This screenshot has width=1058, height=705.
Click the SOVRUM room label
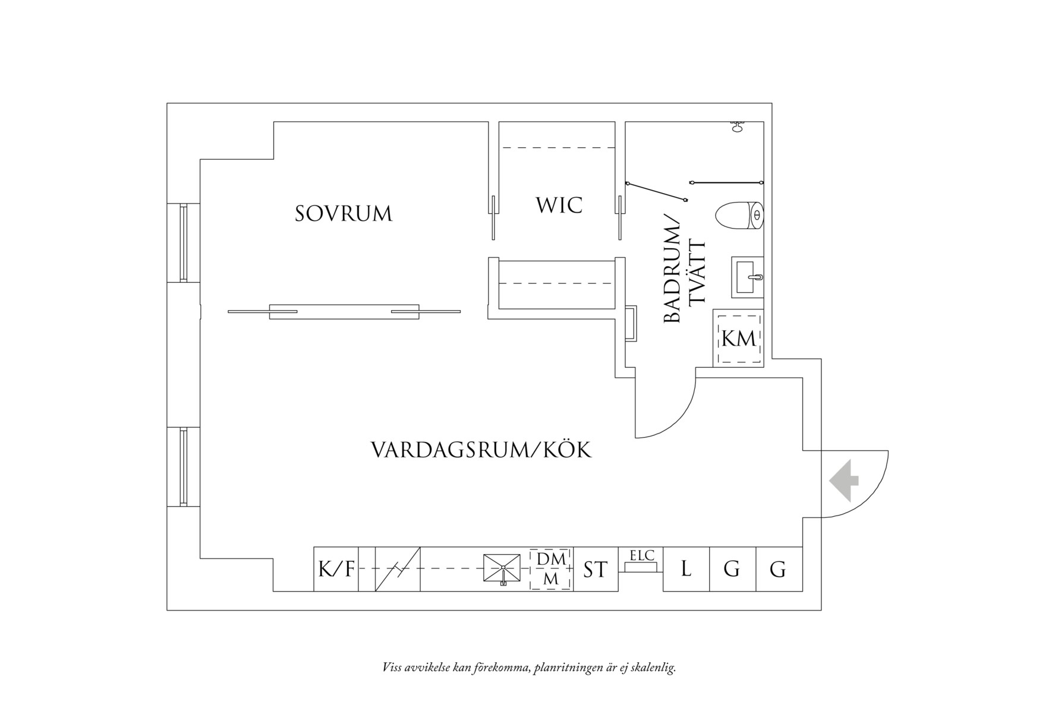(344, 214)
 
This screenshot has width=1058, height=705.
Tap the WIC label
(559, 206)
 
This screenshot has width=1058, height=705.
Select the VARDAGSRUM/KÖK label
(481, 450)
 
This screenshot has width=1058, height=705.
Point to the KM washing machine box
(739, 339)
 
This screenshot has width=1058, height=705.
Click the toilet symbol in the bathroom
(740, 216)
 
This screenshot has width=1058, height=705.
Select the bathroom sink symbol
(747, 277)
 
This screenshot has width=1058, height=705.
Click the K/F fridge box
(336, 570)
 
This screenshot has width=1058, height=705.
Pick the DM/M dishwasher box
(551, 570)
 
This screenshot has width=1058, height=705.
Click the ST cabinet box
(596, 570)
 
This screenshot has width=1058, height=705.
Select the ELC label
(641, 556)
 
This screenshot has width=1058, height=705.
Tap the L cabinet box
(686, 570)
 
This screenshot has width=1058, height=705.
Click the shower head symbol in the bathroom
(738, 126)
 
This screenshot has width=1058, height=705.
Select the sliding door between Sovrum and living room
(344, 311)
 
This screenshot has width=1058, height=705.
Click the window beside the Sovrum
(184, 242)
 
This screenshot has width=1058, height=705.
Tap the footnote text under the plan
(529, 668)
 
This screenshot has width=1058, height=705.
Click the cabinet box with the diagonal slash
(398, 570)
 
